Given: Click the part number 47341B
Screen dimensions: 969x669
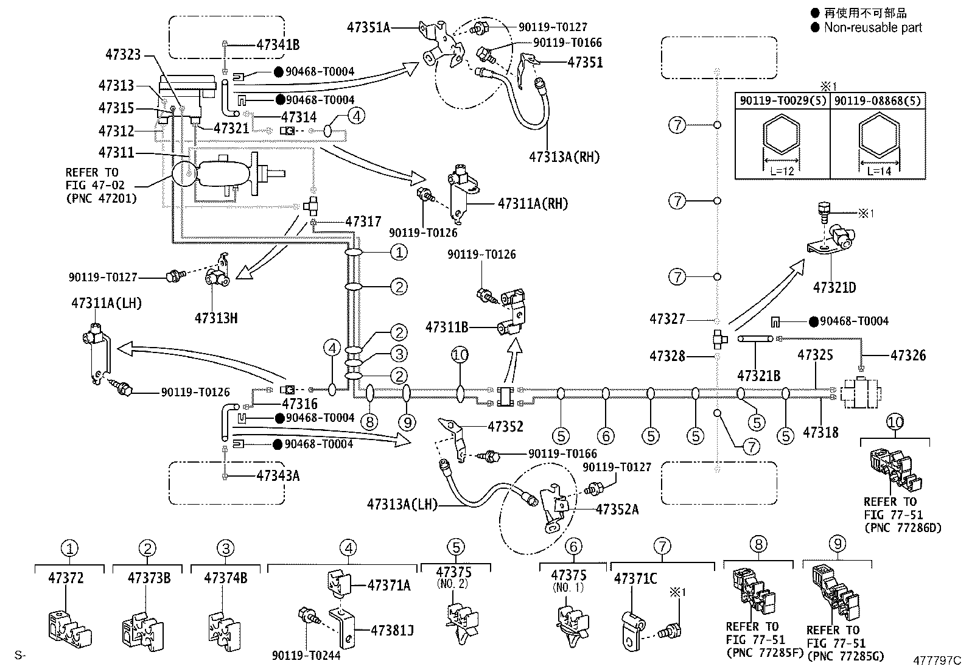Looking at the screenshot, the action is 278,44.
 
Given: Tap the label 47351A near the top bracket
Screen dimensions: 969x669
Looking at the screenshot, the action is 369,27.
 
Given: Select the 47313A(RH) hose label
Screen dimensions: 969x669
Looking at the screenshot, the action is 564,156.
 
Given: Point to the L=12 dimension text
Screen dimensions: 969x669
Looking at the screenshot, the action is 782,171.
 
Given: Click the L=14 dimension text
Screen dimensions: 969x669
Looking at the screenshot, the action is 879,171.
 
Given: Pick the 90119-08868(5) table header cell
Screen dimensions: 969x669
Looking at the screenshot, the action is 878,101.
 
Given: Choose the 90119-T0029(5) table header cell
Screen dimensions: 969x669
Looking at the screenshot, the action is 783,101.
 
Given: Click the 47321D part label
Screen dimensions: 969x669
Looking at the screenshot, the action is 834,287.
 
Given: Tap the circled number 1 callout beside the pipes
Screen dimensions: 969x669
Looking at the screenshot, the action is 399,252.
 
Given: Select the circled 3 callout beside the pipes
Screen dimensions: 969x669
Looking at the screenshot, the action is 399,354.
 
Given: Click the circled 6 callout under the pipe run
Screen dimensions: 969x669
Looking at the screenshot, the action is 606,436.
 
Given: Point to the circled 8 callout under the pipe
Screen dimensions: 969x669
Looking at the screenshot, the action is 369,422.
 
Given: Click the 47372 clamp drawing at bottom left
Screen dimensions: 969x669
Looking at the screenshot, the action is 69,629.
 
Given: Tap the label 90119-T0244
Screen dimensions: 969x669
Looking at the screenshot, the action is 306,656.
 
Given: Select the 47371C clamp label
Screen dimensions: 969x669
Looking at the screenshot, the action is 635,578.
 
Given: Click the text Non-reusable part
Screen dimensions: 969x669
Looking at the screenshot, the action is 873,27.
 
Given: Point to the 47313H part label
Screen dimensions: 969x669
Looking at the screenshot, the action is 216,318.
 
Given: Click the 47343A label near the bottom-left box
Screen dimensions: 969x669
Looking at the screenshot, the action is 278,476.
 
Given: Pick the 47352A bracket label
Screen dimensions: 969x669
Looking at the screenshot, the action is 617,510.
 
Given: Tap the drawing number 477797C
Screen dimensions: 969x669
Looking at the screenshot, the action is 937,660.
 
